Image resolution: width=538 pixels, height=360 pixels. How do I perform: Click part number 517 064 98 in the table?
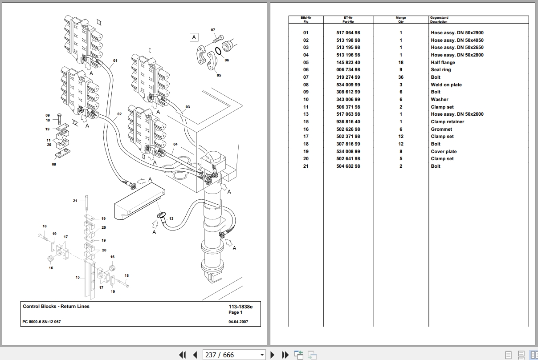(x=348, y=32)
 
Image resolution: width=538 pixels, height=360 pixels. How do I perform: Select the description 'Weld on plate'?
(x=446, y=85)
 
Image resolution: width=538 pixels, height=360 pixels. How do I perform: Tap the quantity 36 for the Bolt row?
(x=401, y=77)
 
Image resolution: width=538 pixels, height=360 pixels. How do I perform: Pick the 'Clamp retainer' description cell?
(x=447, y=121)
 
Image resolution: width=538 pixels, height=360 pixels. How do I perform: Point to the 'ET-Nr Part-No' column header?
(x=348, y=20)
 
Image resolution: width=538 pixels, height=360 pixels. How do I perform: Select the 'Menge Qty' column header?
(x=401, y=20)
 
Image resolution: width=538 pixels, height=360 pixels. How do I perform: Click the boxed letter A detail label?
(x=194, y=37)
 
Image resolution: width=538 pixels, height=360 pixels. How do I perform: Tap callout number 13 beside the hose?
(x=171, y=218)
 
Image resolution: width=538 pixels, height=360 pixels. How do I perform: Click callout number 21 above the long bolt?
(x=75, y=201)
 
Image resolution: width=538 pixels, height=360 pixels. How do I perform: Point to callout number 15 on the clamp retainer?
(x=77, y=277)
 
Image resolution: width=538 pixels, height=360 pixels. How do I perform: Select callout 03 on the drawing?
(x=187, y=107)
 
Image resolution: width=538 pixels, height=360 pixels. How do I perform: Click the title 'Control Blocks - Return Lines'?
(x=56, y=306)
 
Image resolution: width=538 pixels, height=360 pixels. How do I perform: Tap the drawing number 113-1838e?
(x=240, y=307)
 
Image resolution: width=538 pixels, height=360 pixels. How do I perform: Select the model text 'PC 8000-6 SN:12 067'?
(x=42, y=321)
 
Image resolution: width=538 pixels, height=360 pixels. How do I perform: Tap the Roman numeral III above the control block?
(x=99, y=22)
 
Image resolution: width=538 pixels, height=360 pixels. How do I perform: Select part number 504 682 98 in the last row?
(x=348, y=166)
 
